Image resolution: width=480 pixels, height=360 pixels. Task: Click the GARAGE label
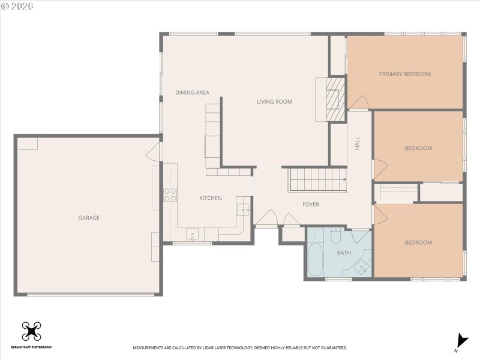coord(89,218)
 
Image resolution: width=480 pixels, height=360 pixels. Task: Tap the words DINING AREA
coord(192,92)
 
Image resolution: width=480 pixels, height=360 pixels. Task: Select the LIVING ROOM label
coord(274,101)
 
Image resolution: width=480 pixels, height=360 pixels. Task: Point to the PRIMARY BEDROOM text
coord(404,74)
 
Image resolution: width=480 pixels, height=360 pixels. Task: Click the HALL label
coord(357,143)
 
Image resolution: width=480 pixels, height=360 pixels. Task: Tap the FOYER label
coord(310,205)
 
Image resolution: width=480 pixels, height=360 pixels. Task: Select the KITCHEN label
coord(211,198)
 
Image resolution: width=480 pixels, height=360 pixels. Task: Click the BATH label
coord(343,253)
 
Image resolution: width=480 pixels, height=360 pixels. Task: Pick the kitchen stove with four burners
coord(170,194)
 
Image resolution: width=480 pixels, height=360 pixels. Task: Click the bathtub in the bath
coord(315,259)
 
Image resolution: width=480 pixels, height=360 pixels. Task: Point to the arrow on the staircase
coord(344,179)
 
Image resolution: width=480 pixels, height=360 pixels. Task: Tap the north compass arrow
coord(460,340)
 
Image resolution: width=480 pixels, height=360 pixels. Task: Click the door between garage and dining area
coord(154,151)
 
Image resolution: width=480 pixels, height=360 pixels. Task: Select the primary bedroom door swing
coord(358,103)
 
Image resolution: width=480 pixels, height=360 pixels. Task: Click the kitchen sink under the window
coord(193,234)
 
